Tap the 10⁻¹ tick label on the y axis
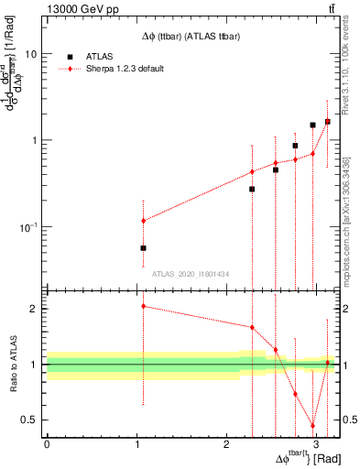click(31, 226)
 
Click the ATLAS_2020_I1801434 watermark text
click(191, 274)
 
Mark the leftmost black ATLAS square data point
click(143, 248)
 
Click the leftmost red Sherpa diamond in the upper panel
click(143, 221)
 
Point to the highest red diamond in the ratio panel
click(143, 306)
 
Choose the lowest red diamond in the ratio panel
click(312, 426)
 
